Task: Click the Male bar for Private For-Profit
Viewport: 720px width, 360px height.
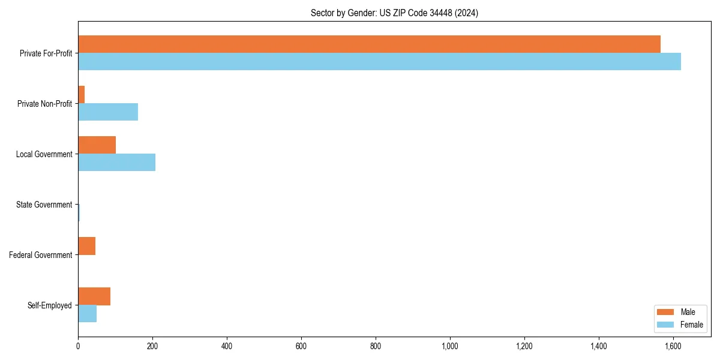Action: coord(369,44)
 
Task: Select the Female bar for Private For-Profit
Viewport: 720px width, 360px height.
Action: coord(379,62)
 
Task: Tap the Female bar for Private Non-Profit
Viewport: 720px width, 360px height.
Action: coord(108,112)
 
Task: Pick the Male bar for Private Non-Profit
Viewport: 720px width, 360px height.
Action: coord(82,95)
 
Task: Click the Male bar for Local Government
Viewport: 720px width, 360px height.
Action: coord(97,145)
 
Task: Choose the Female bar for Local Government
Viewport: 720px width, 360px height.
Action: coord(116,163)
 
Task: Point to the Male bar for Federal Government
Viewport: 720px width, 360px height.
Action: coord(86,246)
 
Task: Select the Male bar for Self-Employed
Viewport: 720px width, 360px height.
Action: coord(94,296)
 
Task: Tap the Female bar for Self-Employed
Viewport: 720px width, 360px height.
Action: coord(87,314)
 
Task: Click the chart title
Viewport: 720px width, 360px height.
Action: coord(394,13)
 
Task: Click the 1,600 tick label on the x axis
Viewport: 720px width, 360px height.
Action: coord(673,346)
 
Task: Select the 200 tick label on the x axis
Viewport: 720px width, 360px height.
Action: coord(152,346)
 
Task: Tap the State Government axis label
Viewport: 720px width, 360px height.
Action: coord(44,205)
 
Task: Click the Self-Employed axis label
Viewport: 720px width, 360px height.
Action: coord(50,305)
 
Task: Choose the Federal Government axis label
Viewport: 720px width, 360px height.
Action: coord(41,255)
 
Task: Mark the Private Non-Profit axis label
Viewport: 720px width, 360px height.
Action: coord(44,104)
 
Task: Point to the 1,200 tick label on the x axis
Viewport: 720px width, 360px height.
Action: coord(524,346)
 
